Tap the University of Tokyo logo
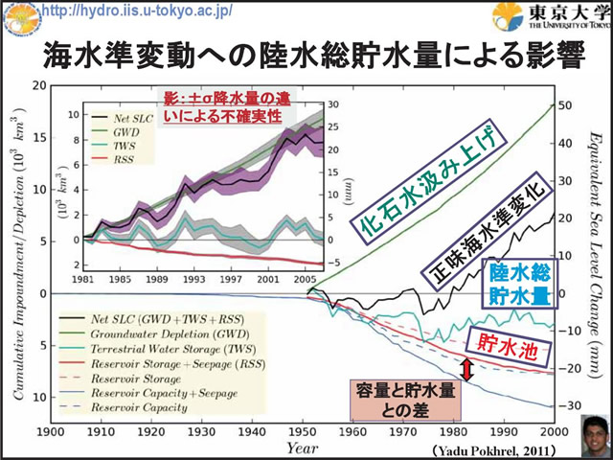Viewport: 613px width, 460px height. [x=550, y=16]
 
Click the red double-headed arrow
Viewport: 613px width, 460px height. [x=466, y=370]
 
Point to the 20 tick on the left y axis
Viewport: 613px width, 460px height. [x=40, y=85]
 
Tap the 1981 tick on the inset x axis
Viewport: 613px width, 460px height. [x=83, y=282]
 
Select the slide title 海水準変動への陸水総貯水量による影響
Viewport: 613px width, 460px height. [x=306, y=57]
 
